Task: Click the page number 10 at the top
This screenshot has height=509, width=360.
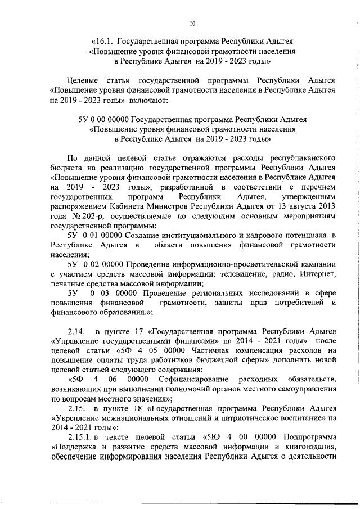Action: [x=192, y=24]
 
